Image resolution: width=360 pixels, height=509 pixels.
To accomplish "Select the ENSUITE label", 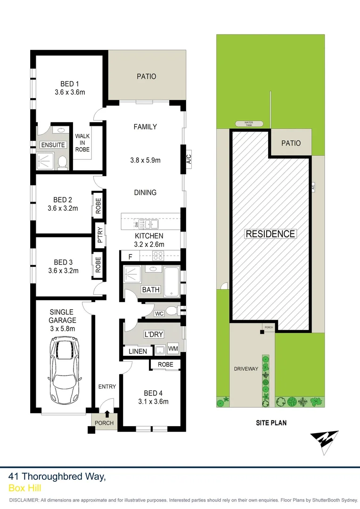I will pos(52,145).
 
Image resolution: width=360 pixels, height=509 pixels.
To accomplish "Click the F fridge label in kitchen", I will pos(130,257).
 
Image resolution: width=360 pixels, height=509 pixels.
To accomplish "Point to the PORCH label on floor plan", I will pos(104,423).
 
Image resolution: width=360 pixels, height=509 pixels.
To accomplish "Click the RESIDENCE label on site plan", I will pos(270,234).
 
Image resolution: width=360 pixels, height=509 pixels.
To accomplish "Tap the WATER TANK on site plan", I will pos(248,124).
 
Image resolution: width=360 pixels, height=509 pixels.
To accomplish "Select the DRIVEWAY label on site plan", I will pos(246,369).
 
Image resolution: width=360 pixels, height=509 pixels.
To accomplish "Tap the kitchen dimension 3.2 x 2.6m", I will pos(149,244).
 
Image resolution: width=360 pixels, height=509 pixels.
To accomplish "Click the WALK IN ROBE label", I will pos(82,143).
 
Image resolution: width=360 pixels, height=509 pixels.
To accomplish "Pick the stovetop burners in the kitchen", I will pos(158,257).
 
